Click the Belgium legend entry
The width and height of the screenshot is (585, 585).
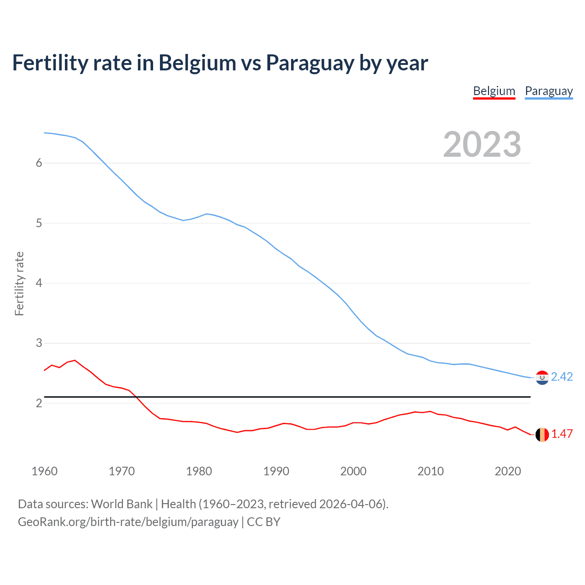coord(494,91)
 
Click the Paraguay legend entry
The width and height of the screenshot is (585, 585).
coord(548,91)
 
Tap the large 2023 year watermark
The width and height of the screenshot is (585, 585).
coord(482,144)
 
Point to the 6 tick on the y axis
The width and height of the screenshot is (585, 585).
coord(39,163)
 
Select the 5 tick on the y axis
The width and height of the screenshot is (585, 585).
coord(39,223)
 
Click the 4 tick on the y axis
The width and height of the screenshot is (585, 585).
coord(39,283)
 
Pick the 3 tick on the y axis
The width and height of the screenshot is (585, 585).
coord(39,343)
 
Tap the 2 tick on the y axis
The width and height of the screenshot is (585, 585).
coord(39,403)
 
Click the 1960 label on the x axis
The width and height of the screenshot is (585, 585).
coord(44,471)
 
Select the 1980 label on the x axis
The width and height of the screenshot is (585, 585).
coord(199,471)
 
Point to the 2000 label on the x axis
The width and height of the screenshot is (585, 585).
coord(353,471)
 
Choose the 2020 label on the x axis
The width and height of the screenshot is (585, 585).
coord(508,471)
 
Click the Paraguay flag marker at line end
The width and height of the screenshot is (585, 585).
coord(542,378)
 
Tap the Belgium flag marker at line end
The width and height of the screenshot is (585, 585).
coord(542,435)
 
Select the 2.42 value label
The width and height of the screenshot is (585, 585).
coord(562,377)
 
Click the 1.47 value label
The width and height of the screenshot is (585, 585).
coord(562,434)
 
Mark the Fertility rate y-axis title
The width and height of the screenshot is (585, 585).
coord(19,283)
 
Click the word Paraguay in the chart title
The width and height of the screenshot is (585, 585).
coord(310,63)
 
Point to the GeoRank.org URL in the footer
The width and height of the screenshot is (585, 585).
coord(128,522)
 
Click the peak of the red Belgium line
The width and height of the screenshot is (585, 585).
coord(75,360)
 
